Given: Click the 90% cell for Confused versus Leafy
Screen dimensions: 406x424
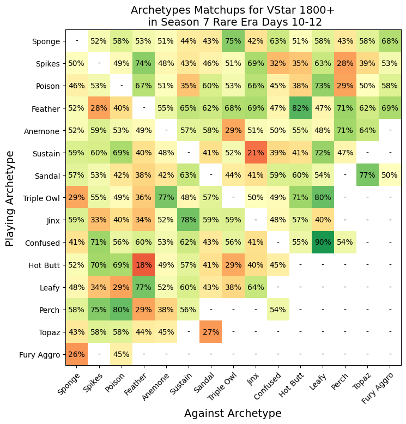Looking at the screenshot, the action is coord(323,243).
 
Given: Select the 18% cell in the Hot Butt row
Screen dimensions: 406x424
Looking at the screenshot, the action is coord(144,265).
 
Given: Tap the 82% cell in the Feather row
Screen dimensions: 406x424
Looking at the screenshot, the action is coord(300,108).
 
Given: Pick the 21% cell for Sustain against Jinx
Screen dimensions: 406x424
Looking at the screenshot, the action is coord(256,153).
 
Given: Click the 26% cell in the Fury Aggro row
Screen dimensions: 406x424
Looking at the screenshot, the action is coord(76,354).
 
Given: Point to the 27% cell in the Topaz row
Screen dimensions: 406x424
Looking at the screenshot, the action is coord(211,332).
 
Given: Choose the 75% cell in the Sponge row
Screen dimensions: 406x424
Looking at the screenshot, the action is coord(233,41).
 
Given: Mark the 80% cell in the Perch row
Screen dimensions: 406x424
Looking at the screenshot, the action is coord(121,310).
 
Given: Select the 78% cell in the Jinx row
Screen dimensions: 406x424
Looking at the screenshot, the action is coord(189,220).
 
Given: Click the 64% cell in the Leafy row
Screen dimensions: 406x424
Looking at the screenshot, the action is coord(256,287).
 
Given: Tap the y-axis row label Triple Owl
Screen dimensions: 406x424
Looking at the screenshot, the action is coord(41,198).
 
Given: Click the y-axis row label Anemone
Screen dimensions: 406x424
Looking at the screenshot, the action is coord(41,131).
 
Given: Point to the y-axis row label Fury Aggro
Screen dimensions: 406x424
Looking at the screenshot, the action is coord(39,355).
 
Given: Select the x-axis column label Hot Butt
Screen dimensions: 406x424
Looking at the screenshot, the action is coord(292,385).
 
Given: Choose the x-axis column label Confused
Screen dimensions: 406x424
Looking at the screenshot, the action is coord(267,386).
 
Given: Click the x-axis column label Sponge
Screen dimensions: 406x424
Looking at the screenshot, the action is coord(69,384).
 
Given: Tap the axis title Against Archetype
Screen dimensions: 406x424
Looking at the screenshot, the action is coord(233,413).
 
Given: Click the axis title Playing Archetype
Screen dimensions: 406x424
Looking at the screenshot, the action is coord(9,199).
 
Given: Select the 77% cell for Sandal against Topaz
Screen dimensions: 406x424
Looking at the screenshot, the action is coord(367,175).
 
